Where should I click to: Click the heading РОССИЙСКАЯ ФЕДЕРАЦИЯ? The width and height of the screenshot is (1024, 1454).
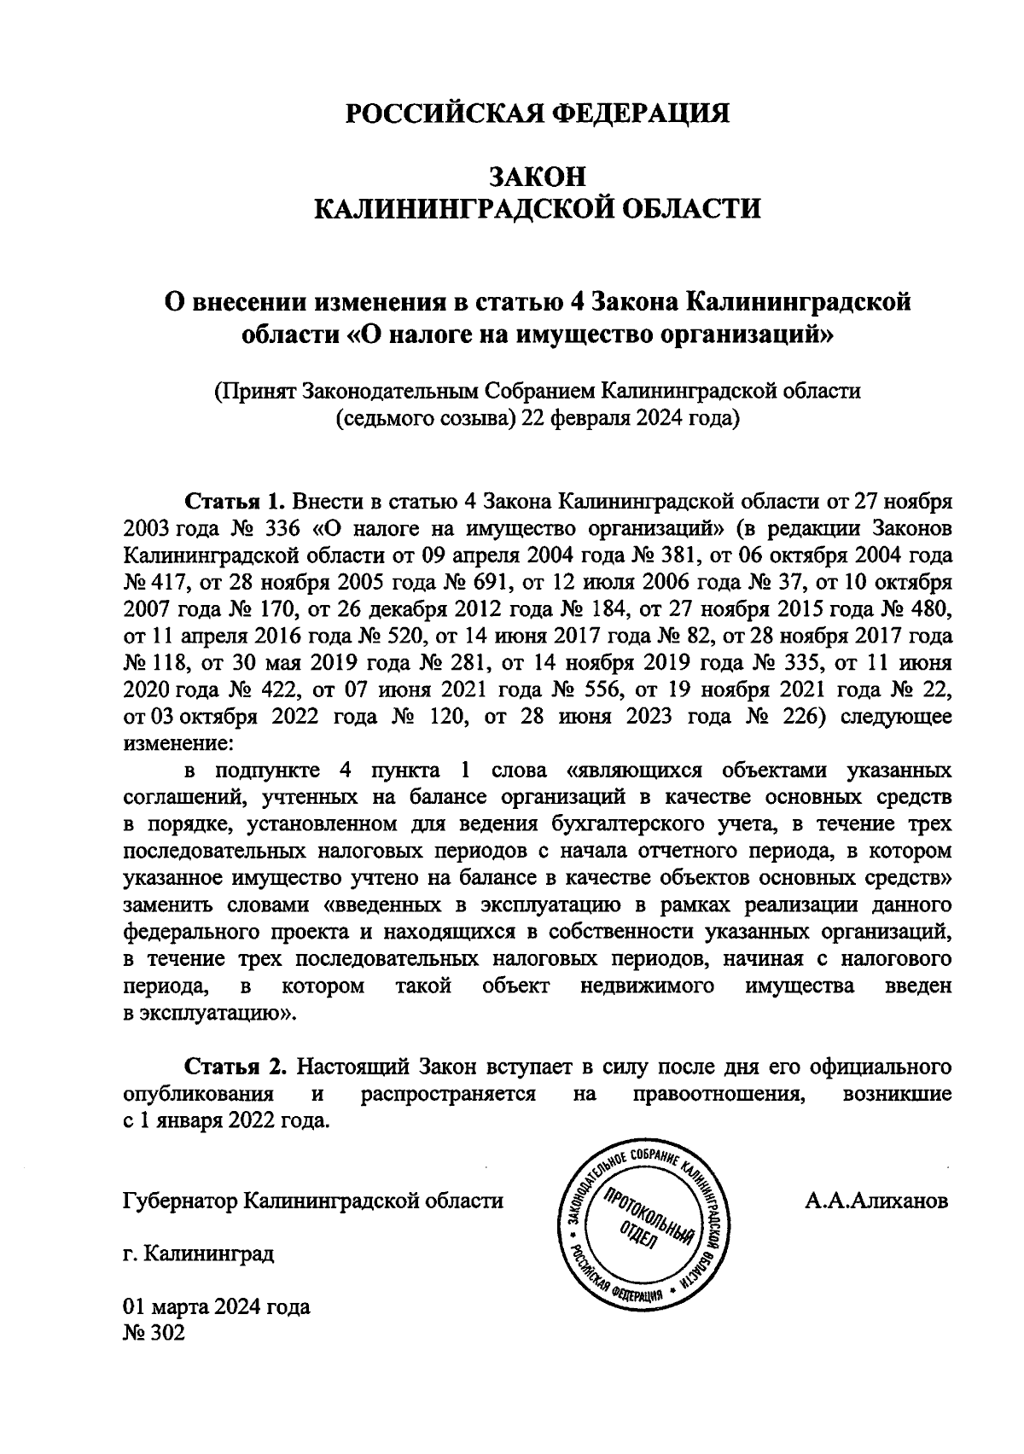tap(538, 113)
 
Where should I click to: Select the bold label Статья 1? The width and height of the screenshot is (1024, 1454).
tap(233, 499)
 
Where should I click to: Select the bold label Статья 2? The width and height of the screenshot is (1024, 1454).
tap(233, 1067)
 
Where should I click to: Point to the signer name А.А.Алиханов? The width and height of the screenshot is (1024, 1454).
tap(876, 1201)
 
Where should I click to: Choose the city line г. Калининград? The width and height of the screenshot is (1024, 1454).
tap(198, 1253)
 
